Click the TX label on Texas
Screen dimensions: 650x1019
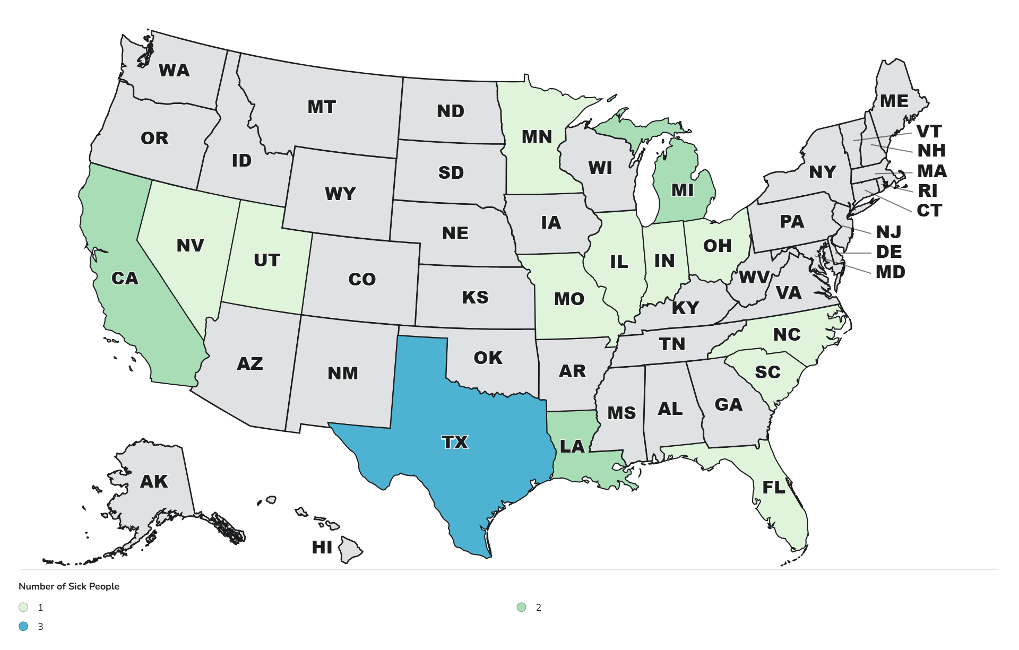click(x=455, y=442)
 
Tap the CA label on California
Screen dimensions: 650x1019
click(x=125, y=278)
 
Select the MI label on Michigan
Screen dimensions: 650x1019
click(x=683, y=190)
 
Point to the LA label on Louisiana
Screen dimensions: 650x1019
click(x=572, y=446)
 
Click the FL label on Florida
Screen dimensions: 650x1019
click(x=773, y=487)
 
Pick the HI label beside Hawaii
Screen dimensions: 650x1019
click(x=322, y=547)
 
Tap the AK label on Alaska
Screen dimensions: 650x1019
click(x=154, y=481)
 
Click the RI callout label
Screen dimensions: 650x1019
click(x=928, y=190)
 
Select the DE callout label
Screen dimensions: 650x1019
click(x=889, y=252)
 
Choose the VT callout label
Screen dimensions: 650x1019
click(x=929, y=131)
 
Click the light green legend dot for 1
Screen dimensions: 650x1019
click(x=23, y=607)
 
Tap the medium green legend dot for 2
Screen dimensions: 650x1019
click(x=521, y=607)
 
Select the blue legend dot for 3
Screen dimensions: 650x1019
click(x=23, y=626)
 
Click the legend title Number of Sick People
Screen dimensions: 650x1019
click(x=69, y=586)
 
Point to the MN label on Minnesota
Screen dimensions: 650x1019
click(x=537, y=136)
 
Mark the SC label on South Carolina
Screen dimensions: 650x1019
click(x=767, y=372)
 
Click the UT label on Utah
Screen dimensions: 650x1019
click(x=266, y=260)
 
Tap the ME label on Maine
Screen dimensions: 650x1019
click(x=894, y=101)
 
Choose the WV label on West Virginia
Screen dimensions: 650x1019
click(x=754, y=277)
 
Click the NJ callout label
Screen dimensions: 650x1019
click(x=888, y=232)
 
